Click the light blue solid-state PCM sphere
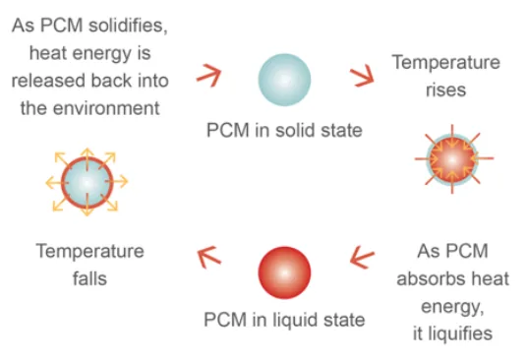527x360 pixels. pos(284,80)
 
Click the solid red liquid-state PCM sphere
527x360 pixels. pos(284,272)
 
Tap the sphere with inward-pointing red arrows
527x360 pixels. pos(453,159)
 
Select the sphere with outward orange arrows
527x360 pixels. pos(88,182)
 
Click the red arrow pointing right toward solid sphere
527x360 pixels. pos(209,76)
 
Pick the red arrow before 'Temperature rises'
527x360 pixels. pos(362,76)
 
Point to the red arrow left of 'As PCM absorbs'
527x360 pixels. pos(362,257)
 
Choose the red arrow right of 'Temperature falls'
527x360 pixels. pos(209,257)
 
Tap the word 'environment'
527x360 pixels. pos(106,108)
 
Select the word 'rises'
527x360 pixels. pos(446,90)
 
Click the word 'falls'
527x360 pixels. pos(89,278)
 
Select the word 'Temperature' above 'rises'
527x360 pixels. pos(446,62)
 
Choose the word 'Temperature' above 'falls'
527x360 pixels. pos(90,251)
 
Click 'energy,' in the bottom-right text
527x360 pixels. pos(452,307)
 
